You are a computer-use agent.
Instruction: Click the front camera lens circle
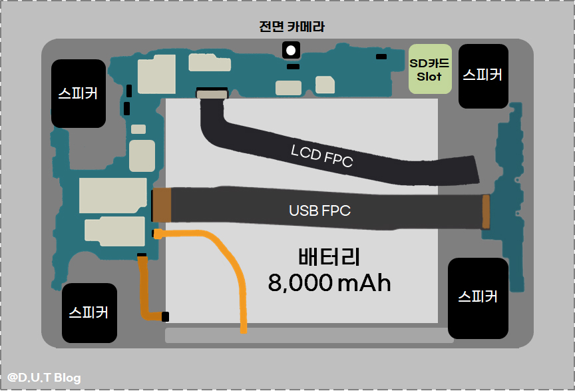point(291,49)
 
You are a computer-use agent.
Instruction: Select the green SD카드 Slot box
point(429,69)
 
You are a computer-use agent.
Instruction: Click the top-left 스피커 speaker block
point(79,93)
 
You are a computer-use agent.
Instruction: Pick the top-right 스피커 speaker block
point(483,75)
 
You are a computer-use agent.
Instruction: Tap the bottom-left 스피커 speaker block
point(89,312)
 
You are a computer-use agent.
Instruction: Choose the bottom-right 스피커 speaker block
point(478,298)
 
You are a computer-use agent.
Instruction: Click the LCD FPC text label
point(321,156)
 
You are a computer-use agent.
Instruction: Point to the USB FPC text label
point(319,210)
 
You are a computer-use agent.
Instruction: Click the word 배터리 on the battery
point(329,257)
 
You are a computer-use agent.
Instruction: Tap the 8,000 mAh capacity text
point(329,283)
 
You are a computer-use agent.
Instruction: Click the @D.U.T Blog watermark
point(45,378)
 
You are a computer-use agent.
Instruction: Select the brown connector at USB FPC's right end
point(486,212)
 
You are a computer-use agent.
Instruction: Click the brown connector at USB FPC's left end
point(162,205)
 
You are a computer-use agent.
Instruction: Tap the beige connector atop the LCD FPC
point(212,95)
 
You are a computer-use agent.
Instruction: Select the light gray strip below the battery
point(309,335)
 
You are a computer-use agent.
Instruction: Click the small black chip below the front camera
point(292,66)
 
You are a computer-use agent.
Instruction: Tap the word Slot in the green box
point(429,77)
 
